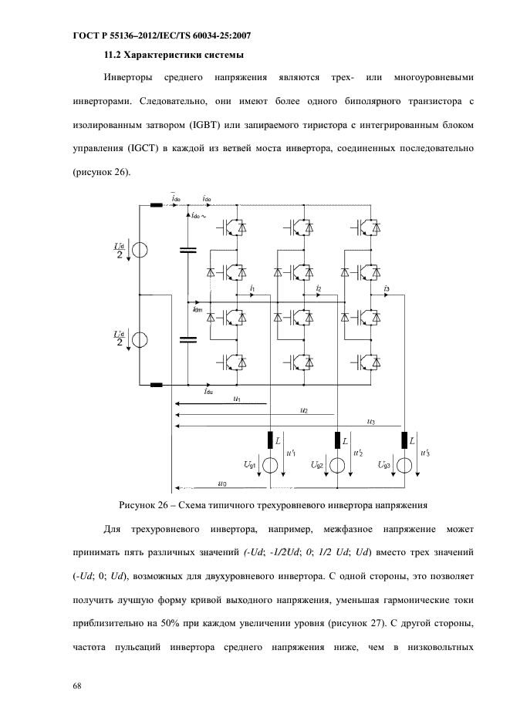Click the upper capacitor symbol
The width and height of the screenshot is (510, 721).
[187, 250]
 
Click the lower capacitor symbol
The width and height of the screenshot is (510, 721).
[187, 340]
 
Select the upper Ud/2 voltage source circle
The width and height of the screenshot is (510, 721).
[140, 250]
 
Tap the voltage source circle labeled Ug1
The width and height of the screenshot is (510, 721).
[270, 466]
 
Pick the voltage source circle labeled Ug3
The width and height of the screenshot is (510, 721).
[405, 466]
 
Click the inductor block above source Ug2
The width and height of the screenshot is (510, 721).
[337, 440]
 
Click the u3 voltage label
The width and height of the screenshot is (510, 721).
[372, 421]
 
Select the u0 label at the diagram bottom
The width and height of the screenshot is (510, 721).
[222, 483]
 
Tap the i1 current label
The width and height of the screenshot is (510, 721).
[252, 288]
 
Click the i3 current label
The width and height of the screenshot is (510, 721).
[387, 288]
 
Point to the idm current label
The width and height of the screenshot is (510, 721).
[198, 309]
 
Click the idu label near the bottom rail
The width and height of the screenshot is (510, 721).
[208, 391]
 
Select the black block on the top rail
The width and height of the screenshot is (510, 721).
[157, 205]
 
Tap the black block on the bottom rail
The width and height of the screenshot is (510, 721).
[157, 385]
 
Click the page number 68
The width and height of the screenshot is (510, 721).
[77, 686]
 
